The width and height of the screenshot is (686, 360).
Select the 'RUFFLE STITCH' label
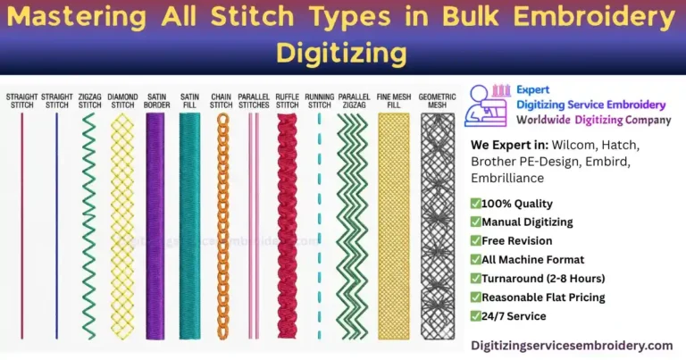coord(287,100)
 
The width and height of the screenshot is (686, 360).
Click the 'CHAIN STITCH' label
coord(222,100)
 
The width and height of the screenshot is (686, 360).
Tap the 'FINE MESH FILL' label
coord(393,100)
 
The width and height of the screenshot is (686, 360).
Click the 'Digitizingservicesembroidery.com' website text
coord(572,345)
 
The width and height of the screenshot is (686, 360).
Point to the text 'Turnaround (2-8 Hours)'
coord(548,279)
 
